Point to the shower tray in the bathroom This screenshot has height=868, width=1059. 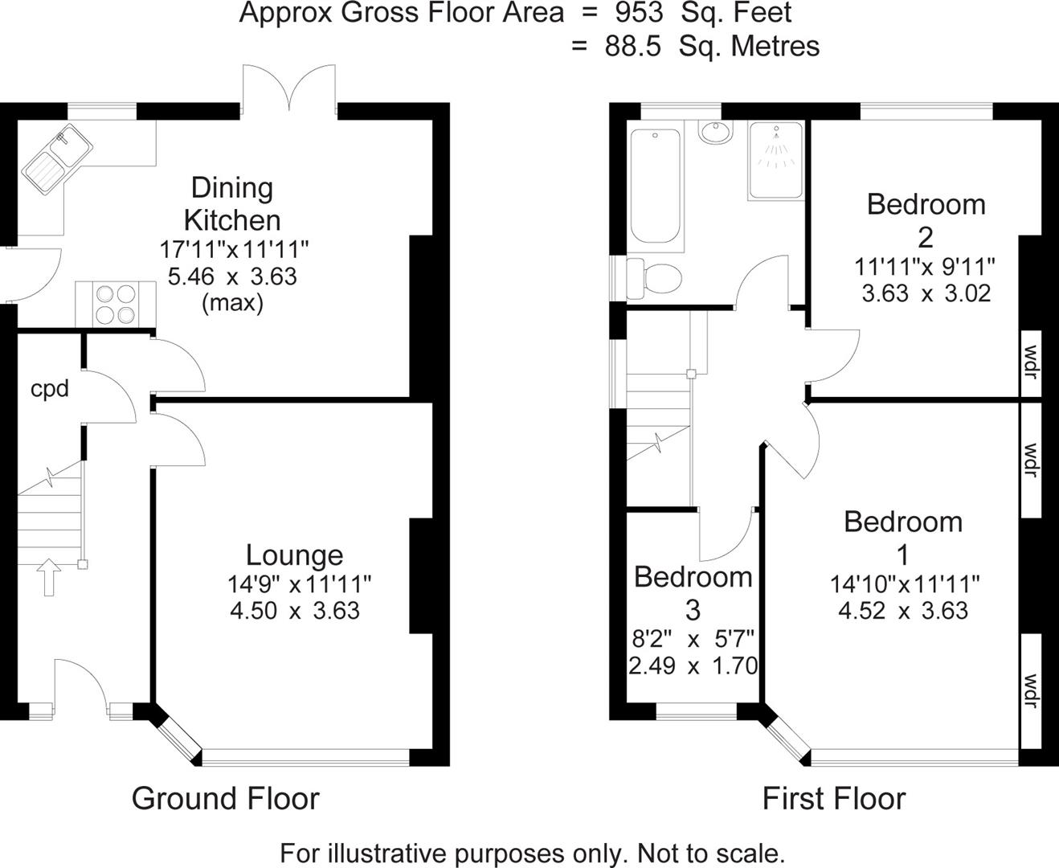pyautogui.click(x=776, y=160)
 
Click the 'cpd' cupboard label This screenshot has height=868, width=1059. pyautogui.click(x=50, y=389)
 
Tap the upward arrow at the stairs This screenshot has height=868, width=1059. pyautogui.click(x=49, y=576)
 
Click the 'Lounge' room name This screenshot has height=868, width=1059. pyautogui.click(x=294, y=555)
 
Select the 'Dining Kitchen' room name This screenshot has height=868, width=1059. pyautogui.click(x=232, y=204)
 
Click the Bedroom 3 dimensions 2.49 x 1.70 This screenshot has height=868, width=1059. pyautogui.click(x=693, y=665)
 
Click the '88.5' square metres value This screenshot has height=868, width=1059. pyautogui.click(x=632, y=46)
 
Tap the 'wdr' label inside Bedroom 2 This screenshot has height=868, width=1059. pyautogui.click(x=1031, y=362)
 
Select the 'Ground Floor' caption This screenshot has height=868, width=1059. pyautogui.click(x=225, y=798)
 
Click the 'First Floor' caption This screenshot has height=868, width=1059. pyautogui.click(x=833, y=798)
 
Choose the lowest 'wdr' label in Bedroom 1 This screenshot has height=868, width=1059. pyautogui.click(x=1031, y=690)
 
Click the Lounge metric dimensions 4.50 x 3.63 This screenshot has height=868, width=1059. pyautogui.click(x=294, y=610)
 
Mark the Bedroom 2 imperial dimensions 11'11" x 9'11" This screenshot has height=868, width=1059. pyautogui.click(x=926, y=265)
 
